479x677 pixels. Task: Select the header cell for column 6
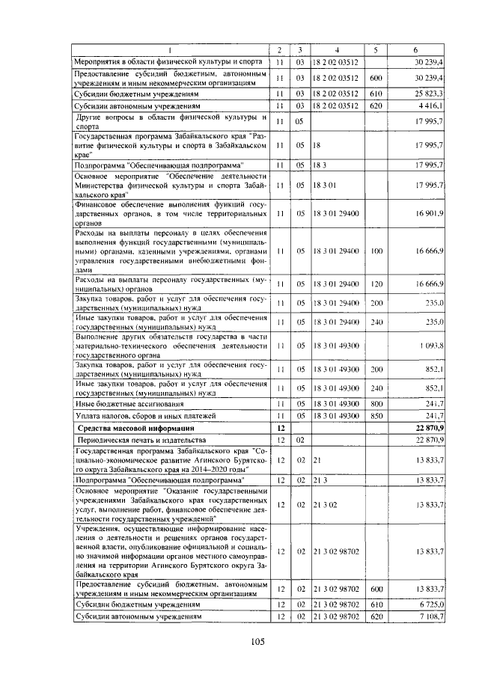tap(417, 49)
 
